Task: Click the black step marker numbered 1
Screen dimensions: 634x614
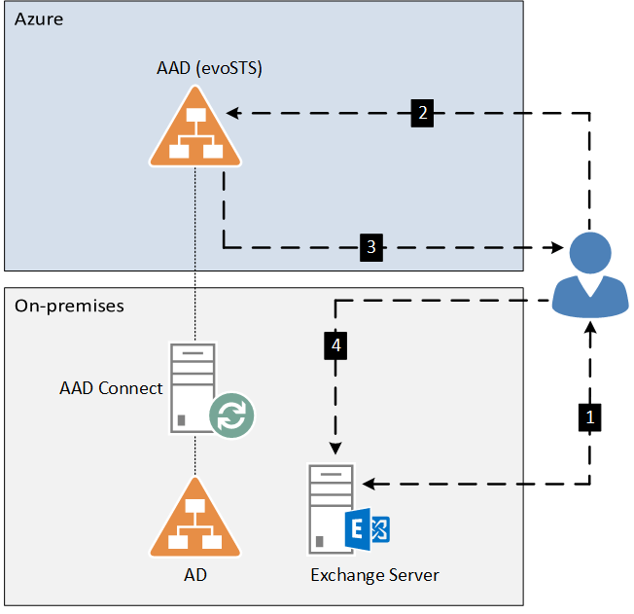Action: click(x=589, y=417)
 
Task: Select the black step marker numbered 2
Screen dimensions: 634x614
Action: click(x=422, y=113)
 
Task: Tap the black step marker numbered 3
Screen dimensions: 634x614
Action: click(x=371, y=247)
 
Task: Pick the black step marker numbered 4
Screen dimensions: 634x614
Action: click(x=335, y=345)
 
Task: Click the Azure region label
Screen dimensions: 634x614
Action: click(x=39, y=19)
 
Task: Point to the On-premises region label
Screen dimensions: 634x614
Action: click(x=69, y=306)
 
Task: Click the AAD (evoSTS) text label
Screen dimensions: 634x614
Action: click(x=209, y=68)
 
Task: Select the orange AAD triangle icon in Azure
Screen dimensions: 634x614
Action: click(x=195, y=126)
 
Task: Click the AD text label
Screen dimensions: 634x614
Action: click(x=195, y=575)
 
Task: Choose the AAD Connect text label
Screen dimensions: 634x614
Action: click(x=111, y=388)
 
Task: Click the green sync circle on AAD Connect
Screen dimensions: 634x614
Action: click(x=231, y=415)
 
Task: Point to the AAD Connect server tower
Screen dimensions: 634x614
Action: click(x=193, y=387)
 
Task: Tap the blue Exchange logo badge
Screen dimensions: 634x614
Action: click(x=368, y=529)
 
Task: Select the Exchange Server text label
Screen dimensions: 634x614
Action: click(x=374, y=575)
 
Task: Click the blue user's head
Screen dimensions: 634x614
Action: click(x=590, y=253)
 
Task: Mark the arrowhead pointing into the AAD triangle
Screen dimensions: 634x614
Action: click(x=233, y=113)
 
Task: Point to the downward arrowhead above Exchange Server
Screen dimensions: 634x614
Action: click(x=335, y=448)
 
